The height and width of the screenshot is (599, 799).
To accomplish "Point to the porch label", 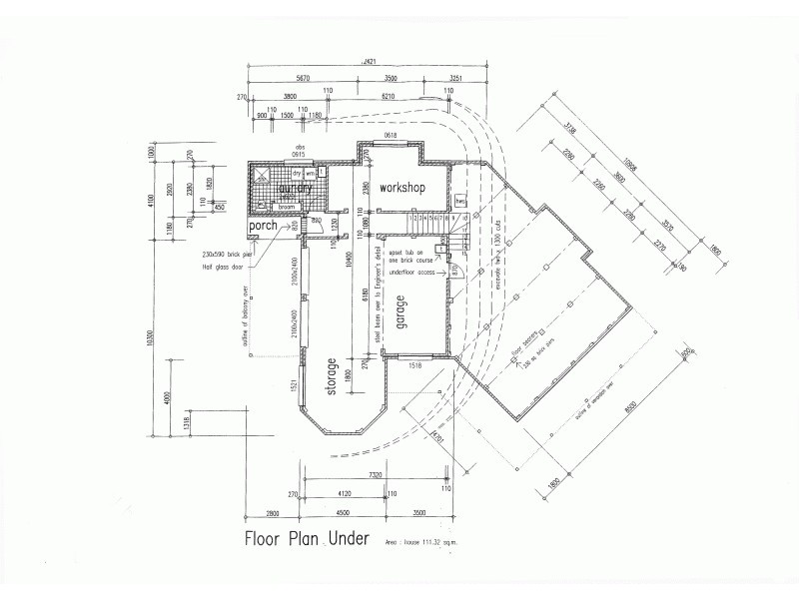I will coord(265,227).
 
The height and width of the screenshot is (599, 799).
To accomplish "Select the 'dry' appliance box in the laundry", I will coord(297,174).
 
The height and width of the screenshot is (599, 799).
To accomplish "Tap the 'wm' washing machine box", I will coord(310,174).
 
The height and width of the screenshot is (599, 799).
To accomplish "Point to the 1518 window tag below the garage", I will coord(416,366).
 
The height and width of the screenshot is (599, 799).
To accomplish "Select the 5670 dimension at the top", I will coord(303,77).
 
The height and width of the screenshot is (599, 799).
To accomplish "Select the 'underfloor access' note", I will coord(413,271).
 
